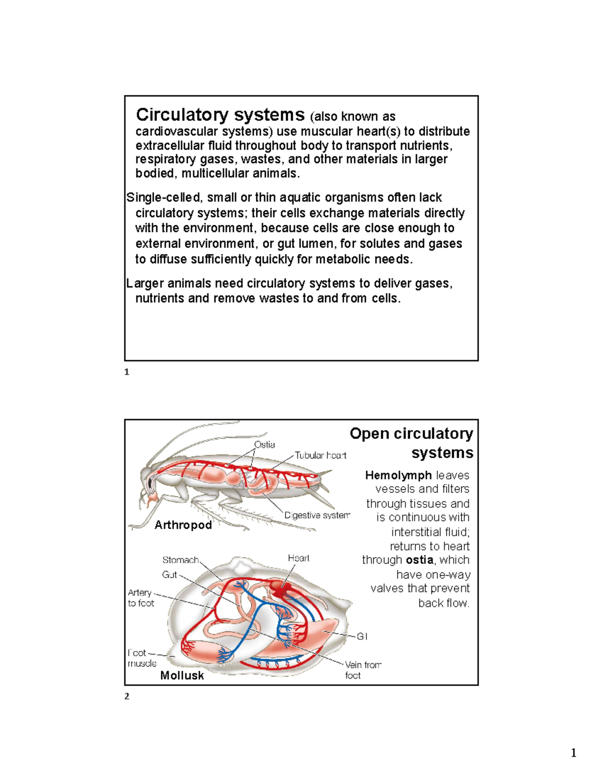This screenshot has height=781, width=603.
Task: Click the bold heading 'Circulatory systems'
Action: coord(220,115)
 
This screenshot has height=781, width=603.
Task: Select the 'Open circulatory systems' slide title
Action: coord(411,443)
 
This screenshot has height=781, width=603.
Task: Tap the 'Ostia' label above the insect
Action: coord(264,445)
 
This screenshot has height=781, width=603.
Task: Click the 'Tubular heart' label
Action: coord(320,455)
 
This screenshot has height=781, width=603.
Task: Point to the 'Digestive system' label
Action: coord(317,515)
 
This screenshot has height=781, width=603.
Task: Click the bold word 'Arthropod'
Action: coord(183,525)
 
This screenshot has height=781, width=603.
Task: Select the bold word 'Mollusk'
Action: coord(182,675)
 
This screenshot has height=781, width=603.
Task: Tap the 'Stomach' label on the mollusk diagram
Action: coord(180,560)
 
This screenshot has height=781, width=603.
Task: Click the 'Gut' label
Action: coord(169,574)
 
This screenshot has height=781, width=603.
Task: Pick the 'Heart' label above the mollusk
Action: coord(298,558)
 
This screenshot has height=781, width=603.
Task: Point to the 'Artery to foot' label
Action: coord(140,597)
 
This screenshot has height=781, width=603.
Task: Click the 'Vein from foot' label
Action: coord(362,670)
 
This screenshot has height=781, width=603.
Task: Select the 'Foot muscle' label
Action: coord(141,658)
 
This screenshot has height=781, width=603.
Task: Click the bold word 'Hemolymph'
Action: coord(398,475)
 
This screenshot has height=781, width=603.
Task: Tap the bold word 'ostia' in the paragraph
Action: coord(420,560)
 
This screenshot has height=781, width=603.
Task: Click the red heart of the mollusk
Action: coord(277,587)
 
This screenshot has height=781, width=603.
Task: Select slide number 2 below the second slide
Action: coord(127,697)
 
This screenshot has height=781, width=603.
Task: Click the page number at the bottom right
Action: coord(573,753)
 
